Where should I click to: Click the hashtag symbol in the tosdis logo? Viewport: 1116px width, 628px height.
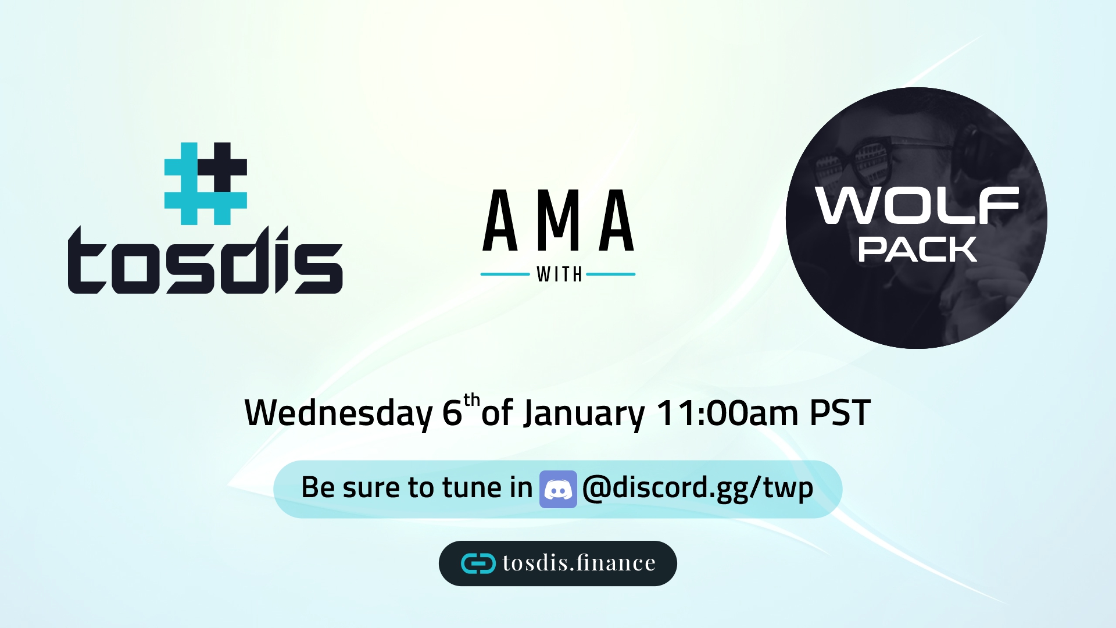point(206,184)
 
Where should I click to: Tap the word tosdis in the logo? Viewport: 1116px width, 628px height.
point(205,260)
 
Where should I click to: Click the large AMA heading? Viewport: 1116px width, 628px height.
point(558,220)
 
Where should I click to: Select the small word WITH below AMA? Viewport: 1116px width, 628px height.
point(559,274)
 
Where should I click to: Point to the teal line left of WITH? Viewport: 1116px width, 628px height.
point(505,274)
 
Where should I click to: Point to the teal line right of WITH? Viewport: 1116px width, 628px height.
point(611,274)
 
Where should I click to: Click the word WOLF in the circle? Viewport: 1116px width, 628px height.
point(917,205)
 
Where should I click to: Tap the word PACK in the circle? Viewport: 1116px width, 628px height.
point(917,249)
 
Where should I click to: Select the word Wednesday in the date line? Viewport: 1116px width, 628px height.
point(339,413)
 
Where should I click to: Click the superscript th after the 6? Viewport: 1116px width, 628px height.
point(472,400)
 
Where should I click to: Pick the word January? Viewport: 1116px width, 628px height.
point(584,413)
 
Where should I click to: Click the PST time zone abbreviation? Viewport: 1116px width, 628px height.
point(840,413)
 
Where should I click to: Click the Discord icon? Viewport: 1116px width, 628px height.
point(558,489)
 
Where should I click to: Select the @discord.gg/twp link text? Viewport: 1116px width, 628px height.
point(697,488)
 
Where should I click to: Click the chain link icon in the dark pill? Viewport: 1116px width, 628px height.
point(478,563)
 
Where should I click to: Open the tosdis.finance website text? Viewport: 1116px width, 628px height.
point(579,563)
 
